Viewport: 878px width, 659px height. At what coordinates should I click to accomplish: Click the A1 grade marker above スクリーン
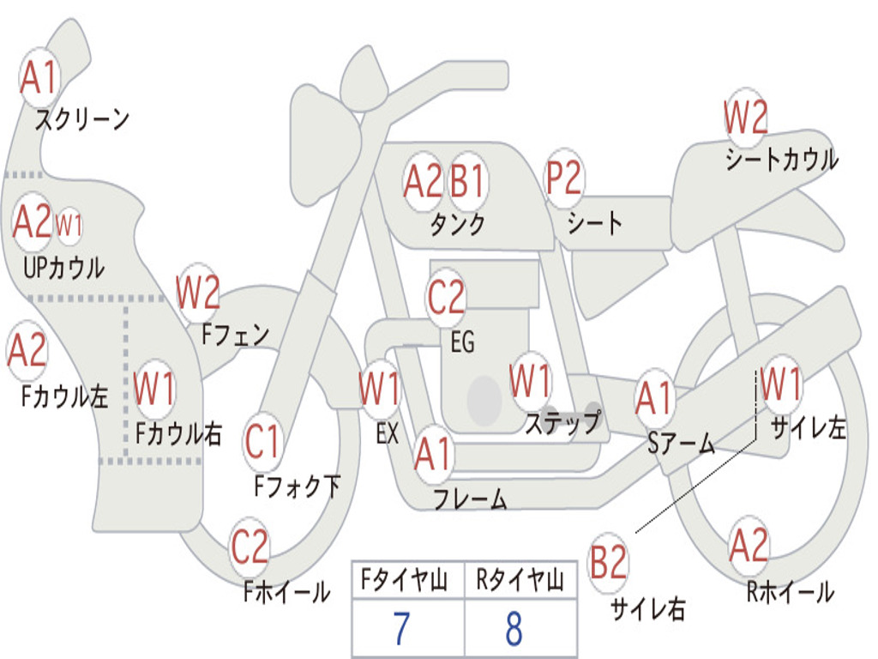[39, 77]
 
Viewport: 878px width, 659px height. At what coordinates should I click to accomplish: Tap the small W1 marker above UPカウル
[69, 226]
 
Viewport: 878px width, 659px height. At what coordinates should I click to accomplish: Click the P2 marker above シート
[564, 178]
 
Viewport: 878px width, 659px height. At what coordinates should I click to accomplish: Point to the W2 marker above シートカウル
[745, 117]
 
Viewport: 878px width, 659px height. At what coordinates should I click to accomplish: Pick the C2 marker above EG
[446, 296]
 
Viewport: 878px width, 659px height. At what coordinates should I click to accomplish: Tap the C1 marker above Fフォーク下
[262, 441]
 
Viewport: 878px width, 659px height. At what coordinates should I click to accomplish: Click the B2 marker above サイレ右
[608, 562]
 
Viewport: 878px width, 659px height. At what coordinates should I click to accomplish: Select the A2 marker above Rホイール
[748, 545]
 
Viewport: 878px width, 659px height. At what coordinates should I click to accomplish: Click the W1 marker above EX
[380, 389]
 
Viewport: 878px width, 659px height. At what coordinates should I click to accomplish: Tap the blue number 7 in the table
[401, 628]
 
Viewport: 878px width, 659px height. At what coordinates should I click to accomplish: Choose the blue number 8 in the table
[514, 628]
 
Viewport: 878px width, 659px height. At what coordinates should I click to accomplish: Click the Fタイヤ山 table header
[404, 580]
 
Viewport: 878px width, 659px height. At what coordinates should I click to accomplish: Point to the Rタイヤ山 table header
[520, 580]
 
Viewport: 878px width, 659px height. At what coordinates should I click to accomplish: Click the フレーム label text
[471, 499]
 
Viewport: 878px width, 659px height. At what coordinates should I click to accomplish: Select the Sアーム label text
[682, 444]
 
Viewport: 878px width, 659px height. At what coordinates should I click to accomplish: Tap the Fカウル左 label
[65, 396]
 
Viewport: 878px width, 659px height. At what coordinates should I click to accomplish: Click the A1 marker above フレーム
[433, 453]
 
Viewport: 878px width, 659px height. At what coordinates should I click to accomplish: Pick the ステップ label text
[563, 422]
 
